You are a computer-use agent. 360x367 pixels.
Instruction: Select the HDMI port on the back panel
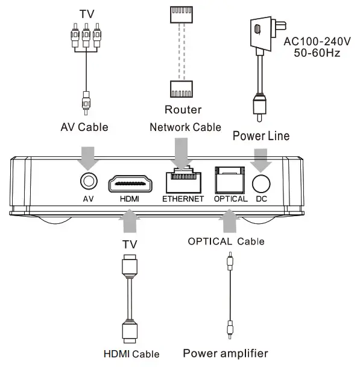click(131, 183)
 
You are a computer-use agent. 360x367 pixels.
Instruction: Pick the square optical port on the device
click(230, 180)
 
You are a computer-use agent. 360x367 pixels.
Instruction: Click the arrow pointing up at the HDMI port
click(130, 222)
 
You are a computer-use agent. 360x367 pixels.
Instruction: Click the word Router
click(183, 110)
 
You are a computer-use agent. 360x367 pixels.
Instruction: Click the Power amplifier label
click(225, 353)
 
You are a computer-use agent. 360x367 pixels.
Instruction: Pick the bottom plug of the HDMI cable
click(130, 330)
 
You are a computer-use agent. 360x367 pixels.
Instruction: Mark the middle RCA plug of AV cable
click(86, 36)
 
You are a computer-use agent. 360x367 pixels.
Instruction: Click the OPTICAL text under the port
click(230, 199)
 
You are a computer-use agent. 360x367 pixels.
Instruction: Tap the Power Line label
click(261, 136)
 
